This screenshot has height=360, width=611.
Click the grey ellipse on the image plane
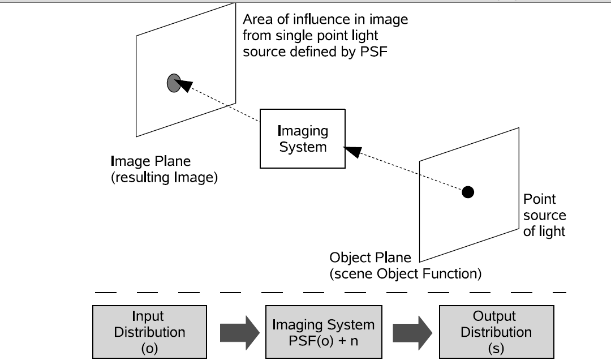tap(174, 83)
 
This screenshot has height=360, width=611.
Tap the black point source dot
tap(467, 192)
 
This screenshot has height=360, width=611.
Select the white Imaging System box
tap(302, 139)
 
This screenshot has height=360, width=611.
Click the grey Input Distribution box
tap(150, 332)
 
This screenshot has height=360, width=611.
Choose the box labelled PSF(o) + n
tap(323, 332)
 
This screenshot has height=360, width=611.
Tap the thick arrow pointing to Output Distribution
tap(409, 332)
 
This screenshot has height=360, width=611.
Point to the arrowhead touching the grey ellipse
tap(186, 85)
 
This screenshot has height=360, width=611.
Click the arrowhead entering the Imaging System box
tap(352, 151)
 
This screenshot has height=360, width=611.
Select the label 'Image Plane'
tap(150, 161)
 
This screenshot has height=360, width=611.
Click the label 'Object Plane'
tap(366, 258)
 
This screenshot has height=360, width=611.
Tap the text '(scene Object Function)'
tap(405, 275)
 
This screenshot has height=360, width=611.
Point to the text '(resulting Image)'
tap(164, 177)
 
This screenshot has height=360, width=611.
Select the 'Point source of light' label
tap(544, 215)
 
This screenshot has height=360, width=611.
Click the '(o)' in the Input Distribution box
tap(149, 348)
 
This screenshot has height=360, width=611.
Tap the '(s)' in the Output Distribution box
tap(496, 348)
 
